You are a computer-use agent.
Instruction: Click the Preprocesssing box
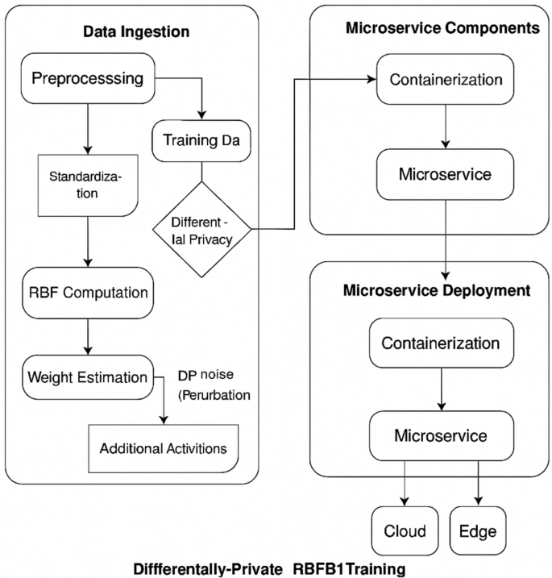tap(86, 79)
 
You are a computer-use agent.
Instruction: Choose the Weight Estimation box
tap(88, 377)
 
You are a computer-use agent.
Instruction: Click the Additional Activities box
tap(164, 447)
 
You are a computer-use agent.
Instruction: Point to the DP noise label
tap(208, 376)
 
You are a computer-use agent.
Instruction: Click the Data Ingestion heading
tap(136, 32)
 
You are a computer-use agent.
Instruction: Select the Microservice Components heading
tap(442, 27)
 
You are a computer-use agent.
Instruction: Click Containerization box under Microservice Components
tap(446, 80)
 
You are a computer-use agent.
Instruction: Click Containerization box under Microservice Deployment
tap(440, 342)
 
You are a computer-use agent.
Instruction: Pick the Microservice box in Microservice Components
tap(446, 173)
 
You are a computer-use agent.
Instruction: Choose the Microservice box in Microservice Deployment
tap(440, 435)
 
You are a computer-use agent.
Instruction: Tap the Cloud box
tap(405, 532)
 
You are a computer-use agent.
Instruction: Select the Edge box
tap(478, 532)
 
